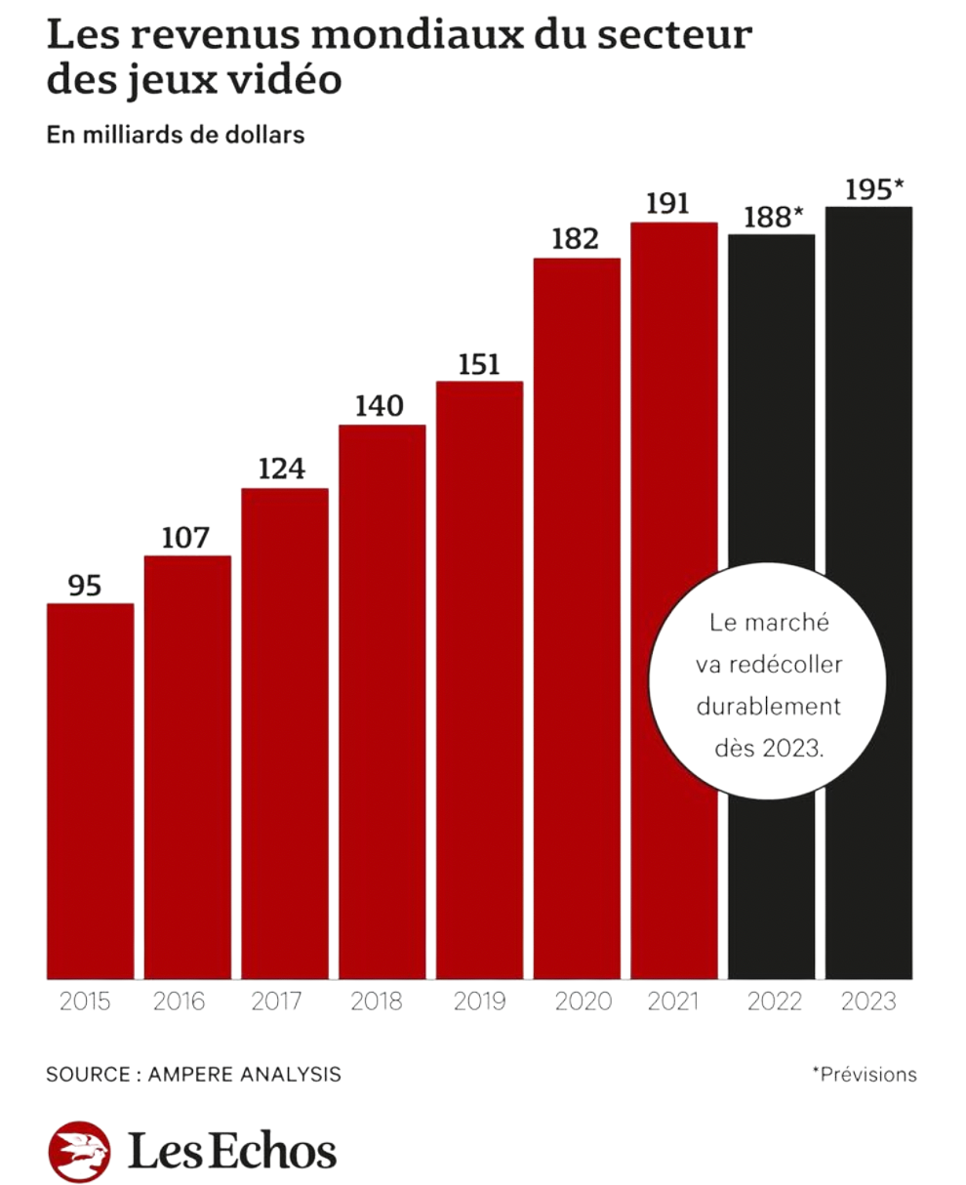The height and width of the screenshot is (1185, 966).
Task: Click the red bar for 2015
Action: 90,791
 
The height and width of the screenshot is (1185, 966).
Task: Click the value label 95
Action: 85,586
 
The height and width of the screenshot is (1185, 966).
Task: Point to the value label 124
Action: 281,470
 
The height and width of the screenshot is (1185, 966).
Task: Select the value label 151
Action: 479,364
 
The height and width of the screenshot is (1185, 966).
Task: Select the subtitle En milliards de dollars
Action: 176,136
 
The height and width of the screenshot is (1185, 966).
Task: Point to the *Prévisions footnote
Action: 864,1075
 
